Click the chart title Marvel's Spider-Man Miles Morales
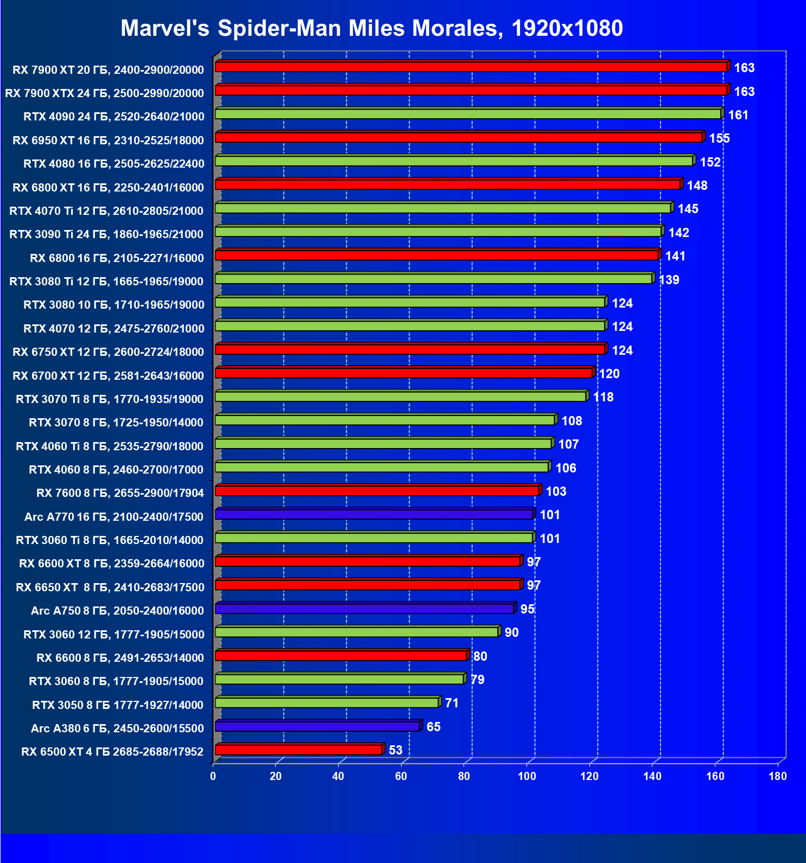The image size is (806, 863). point(371,28)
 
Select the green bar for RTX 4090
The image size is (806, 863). point(468,114)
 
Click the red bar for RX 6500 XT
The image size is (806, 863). point(299,750)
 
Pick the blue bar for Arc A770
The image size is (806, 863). point(374,514)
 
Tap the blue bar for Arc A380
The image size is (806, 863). point(318,726)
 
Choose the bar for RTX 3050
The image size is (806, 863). point(327,703)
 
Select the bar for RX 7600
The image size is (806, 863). point(377,491)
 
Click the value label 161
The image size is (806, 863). point(738,115)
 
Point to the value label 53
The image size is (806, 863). point(396,750)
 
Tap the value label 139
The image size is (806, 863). point(669,280)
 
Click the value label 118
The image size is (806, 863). point(603,397)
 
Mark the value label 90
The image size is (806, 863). point(511,632)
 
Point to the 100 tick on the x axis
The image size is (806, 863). point(526,776)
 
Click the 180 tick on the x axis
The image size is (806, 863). point(777,776)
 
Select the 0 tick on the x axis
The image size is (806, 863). point(213,776)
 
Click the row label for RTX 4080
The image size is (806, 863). point(114,164)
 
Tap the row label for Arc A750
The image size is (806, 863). point(117,611)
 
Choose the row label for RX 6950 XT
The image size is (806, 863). point(109,140)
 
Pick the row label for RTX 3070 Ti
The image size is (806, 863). point(110,399)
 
